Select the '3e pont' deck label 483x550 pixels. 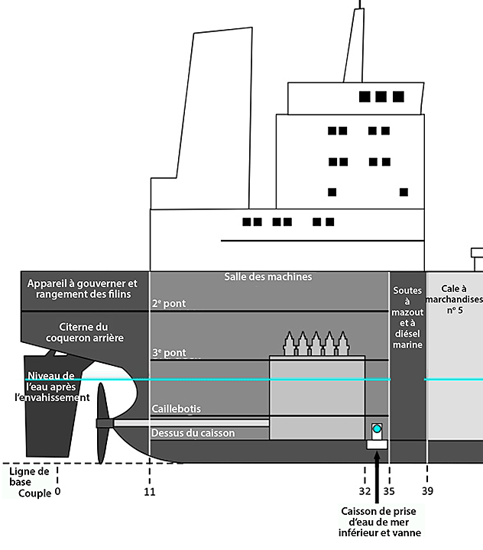pos(168,354)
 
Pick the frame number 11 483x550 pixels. pos(150,492)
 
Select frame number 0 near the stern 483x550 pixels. pos(57,492)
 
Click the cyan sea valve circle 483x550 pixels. pos(377,429)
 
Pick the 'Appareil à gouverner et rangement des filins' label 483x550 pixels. pos(82,289)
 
